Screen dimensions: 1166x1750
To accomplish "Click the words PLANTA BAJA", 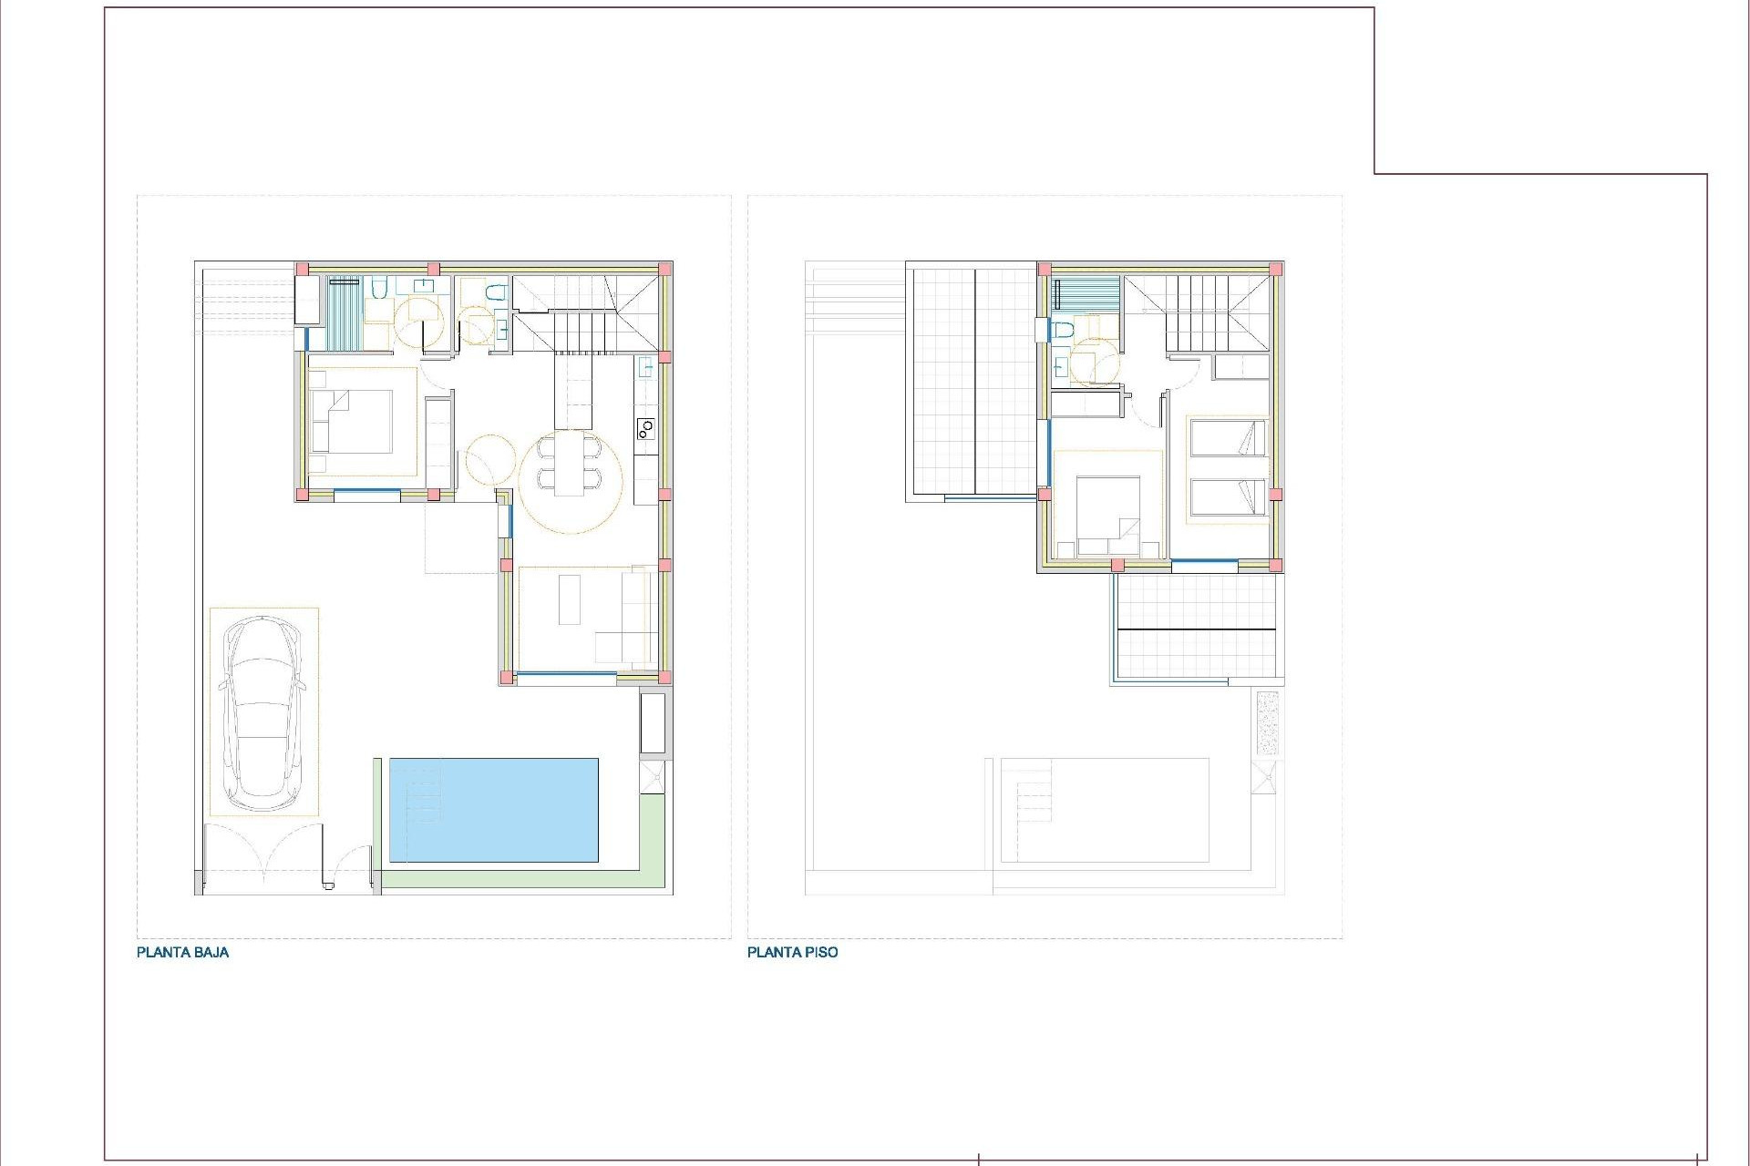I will pos(182,953).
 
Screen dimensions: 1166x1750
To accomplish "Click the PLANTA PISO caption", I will pos(792,953).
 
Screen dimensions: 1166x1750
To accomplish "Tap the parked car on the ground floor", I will pos(263,711).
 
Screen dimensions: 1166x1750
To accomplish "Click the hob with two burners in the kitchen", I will pos(645,427).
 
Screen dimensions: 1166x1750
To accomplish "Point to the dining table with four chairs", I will pos(571,464).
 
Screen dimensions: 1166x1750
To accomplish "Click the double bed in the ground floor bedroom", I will pos(351,421).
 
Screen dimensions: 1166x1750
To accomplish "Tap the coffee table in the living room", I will pos(570,598).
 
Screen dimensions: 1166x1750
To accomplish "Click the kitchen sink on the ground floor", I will pos(645,368).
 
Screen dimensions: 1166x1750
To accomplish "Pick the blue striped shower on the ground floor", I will pos(345,312).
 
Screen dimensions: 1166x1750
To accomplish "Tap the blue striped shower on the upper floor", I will pos(1086,293).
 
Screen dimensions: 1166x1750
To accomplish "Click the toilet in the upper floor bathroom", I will pos(1062,329).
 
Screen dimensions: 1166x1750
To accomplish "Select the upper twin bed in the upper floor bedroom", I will pos(1227,437).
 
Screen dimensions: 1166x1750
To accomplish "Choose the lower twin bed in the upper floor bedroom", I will pos(1227,497).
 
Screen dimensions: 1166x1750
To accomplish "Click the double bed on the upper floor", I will pos(1107,515).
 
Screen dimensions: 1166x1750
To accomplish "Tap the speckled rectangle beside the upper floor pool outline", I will pos(1267,722).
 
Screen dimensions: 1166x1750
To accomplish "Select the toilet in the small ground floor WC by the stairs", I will pos(495,293).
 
